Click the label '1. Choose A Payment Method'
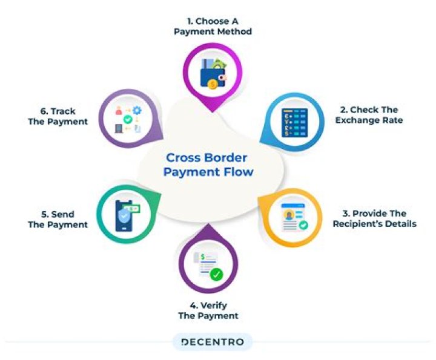point(213,27)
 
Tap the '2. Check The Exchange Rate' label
point(369,115)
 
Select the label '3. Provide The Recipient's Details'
point(375,218)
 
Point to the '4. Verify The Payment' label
point(208,310)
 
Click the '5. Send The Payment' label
point(58,220)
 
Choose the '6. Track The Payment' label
point(58,116)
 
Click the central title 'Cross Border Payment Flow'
point(208,165)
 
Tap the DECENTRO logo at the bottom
point(213,342)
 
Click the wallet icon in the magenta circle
point(213,74)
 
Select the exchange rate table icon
point(295,123)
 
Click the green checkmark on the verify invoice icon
point(216,275)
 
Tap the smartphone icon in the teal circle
point(124,216)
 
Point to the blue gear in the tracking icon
point(137,110)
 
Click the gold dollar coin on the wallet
point(213,84)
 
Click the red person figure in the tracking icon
point(119,111)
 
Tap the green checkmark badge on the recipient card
point(303,225)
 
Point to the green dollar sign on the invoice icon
point(203,257)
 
